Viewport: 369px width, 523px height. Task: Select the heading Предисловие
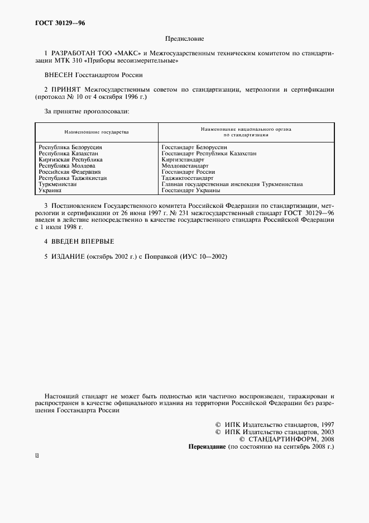pos(184,39)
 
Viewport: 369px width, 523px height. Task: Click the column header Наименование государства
pos(96,132)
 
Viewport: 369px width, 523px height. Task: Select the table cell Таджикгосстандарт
pos(187,178)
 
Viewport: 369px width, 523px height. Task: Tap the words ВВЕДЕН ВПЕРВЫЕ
pos(83,241)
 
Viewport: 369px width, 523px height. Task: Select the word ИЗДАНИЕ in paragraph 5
pos(68,256)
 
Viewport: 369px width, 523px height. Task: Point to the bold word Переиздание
pos(207,448)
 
